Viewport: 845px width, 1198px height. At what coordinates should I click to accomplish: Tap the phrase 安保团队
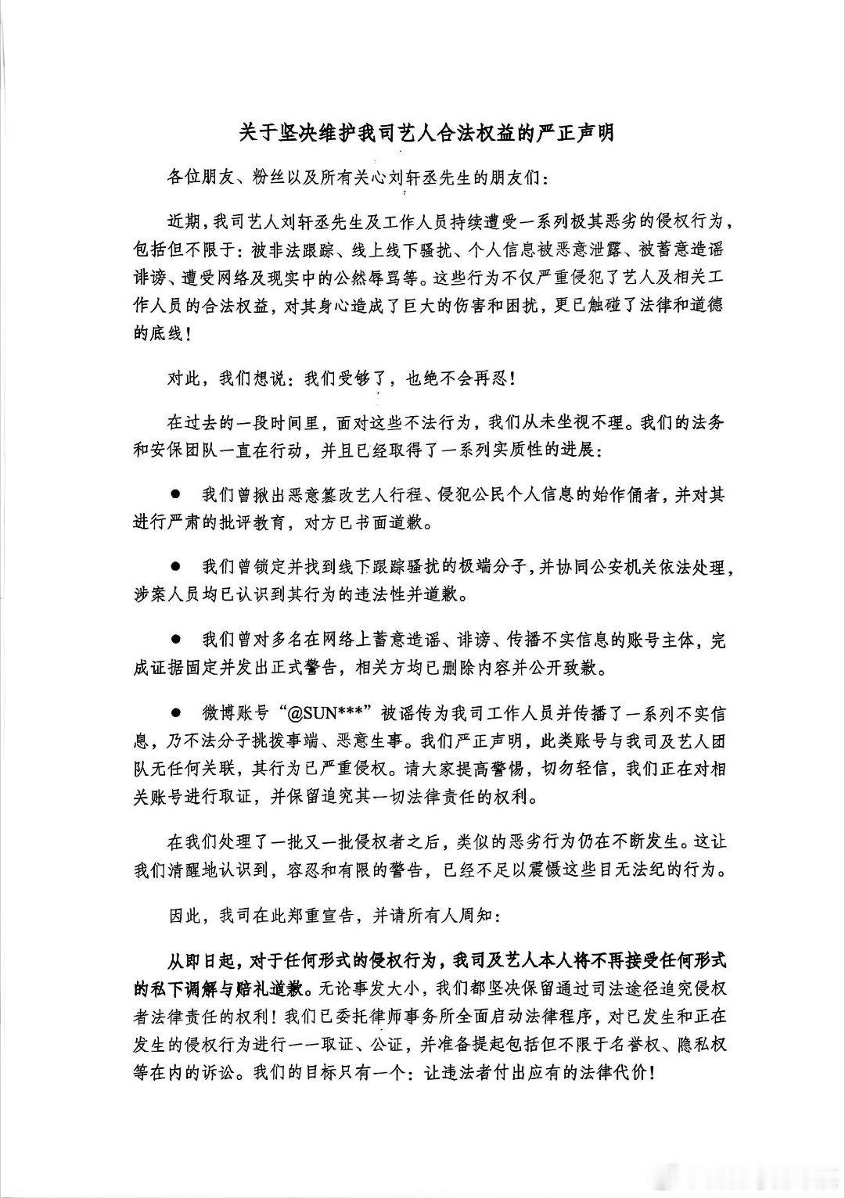tap(185, 451)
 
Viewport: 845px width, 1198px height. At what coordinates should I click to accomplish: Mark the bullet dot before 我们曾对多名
tap(176, 640)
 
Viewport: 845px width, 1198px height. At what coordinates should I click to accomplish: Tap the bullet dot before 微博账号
tap(176, 713)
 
